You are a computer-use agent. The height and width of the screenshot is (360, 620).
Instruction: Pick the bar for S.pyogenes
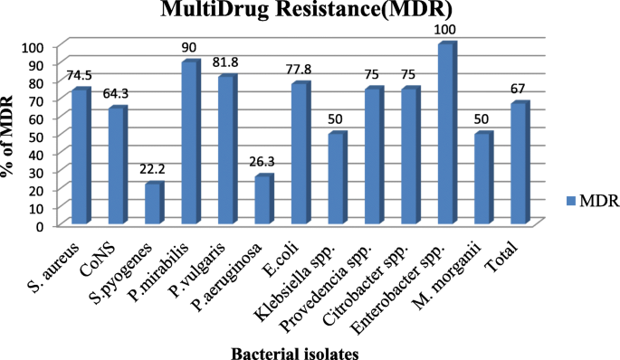[153, 204]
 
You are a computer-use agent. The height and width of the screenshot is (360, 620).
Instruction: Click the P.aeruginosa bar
[262, 200]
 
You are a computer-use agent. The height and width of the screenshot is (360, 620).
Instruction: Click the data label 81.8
[226, 63]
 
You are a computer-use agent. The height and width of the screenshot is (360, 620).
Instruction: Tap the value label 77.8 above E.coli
[299, 70]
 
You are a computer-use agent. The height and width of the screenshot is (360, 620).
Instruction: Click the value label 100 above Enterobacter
[446, 30]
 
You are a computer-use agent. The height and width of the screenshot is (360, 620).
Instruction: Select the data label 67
[519, 89]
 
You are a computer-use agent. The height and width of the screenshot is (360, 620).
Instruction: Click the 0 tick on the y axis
[40, 225]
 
